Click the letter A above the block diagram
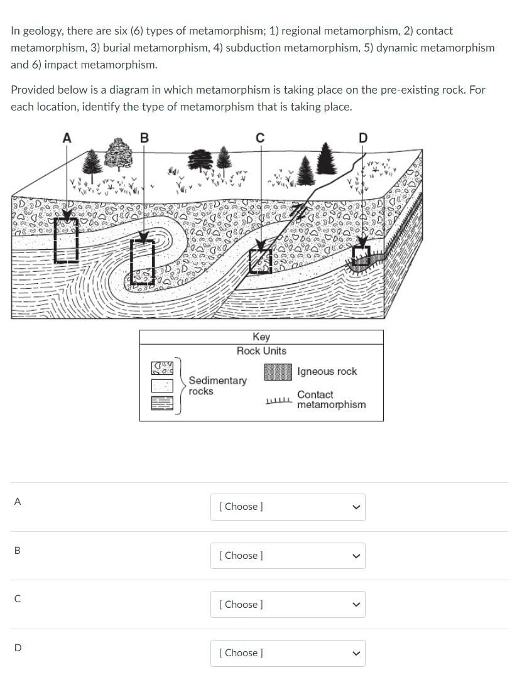click(67, 138)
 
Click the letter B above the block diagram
click(144, 138)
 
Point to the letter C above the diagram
click(260, 138)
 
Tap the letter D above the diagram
click(363, 138)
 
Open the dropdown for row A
click(288, 507)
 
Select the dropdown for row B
click(288, 556)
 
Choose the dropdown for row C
click(288, 604)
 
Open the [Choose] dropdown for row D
click(288, 653)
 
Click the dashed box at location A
click(67, 240)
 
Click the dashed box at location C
click(260, 261)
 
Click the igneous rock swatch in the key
click(278, 371)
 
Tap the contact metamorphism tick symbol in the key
click(279, 401)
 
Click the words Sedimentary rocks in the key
click(217, 386)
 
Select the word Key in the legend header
click(261, 337)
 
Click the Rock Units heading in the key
click(261, 351)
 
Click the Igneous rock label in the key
click(327, 371)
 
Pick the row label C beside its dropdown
click(18, 599)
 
